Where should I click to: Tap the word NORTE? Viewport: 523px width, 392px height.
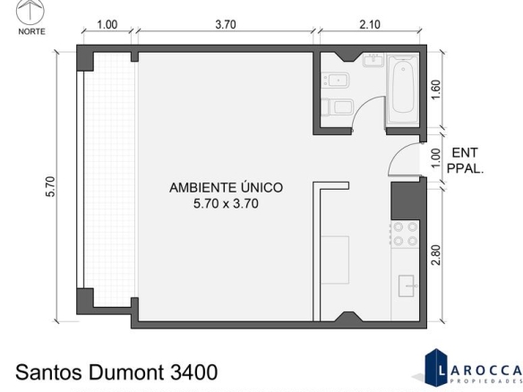pos(31,31)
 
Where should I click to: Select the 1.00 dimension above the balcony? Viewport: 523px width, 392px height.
pos(107,25)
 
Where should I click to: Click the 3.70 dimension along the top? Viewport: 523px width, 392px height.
pos(226,25)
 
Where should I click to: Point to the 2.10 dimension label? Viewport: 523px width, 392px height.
pos(370,25)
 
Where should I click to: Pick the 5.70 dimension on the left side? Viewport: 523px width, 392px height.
pos(50,187)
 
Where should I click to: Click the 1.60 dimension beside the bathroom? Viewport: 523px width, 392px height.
pos(435,90)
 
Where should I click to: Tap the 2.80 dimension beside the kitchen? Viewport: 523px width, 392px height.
pos(435,255)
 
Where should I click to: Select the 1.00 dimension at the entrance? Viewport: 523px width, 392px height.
pos(435,158)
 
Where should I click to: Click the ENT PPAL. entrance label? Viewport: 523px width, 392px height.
pos(465,161)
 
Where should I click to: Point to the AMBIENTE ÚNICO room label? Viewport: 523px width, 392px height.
pos(227,188)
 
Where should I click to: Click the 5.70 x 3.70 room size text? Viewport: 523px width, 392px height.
pos(227,203)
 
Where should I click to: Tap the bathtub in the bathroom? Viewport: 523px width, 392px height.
pos(402,90)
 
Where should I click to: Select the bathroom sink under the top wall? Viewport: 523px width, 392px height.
pos(373,60)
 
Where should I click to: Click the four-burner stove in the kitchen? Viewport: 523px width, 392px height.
pos(405,234)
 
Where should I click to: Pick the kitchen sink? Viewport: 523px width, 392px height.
pos(407,285)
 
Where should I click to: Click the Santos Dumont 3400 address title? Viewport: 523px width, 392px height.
pos(116,372)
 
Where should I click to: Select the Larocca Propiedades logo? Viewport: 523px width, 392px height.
pos(473,368)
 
